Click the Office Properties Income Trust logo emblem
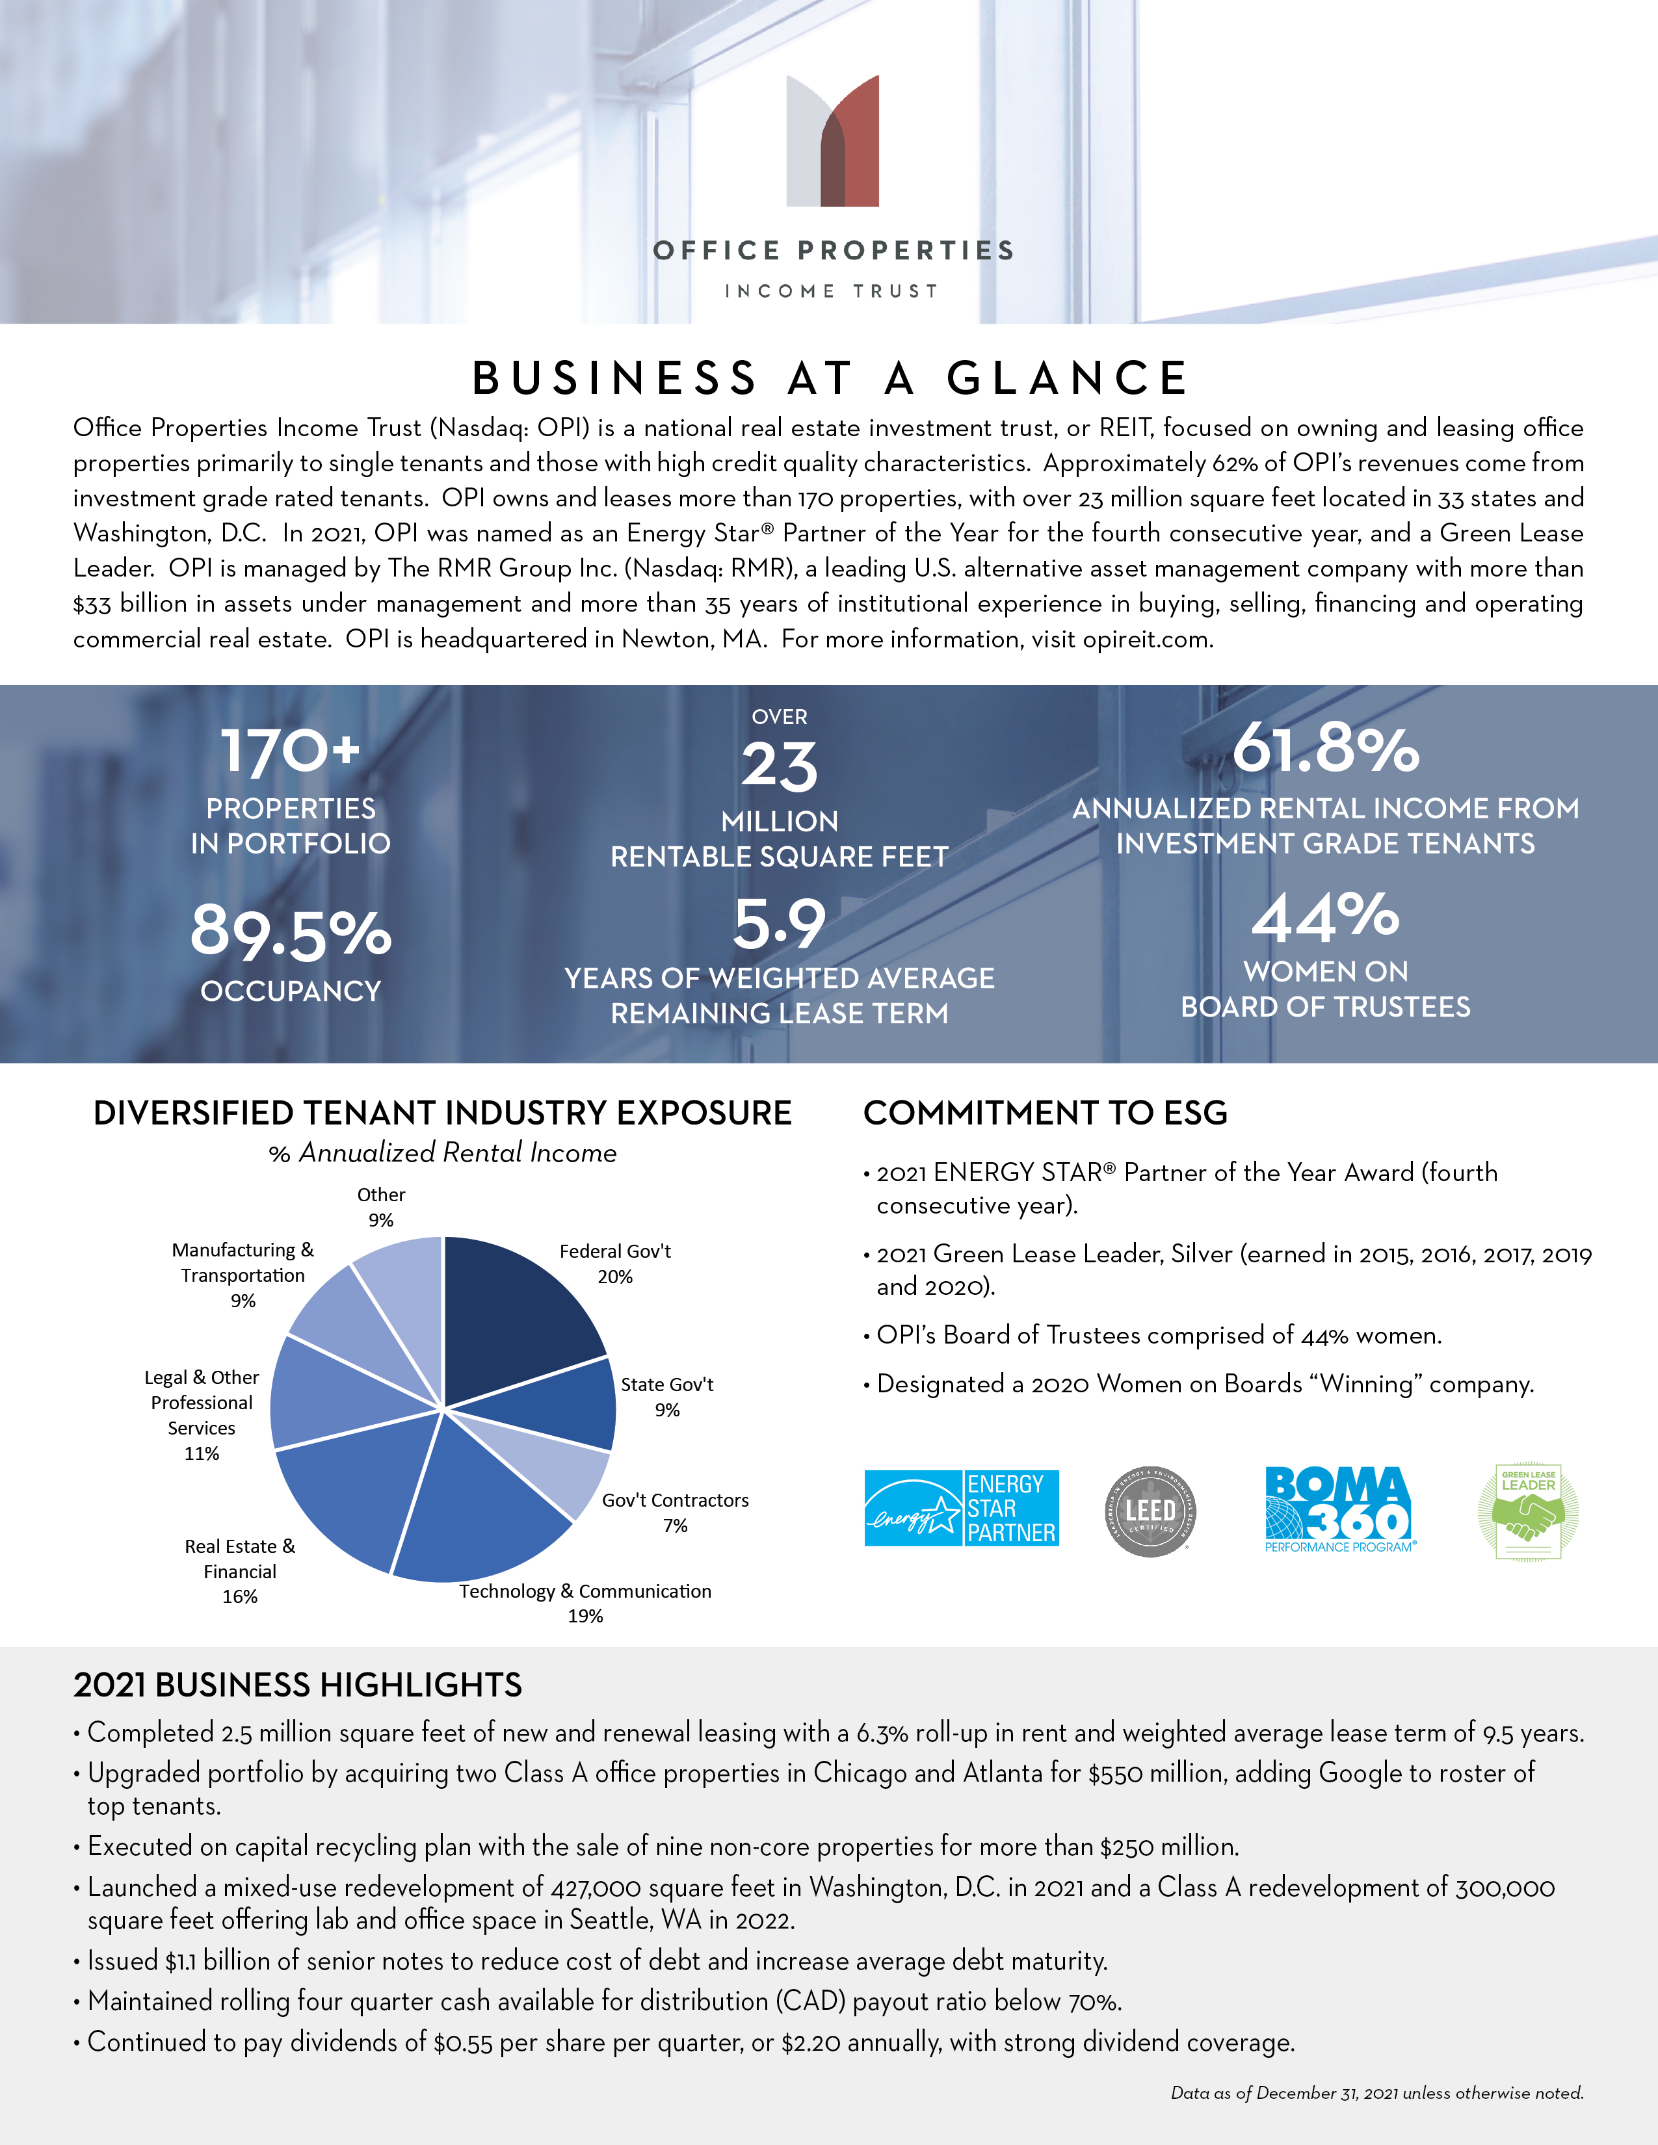tap(832, 140)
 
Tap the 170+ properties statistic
tap(291, 751)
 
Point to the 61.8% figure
tap(1325, 748)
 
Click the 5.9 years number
tap(779, 924)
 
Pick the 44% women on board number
tap(1325, 916)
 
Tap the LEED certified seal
tap(1150, 1511)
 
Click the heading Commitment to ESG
tap(1045, 1113)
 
